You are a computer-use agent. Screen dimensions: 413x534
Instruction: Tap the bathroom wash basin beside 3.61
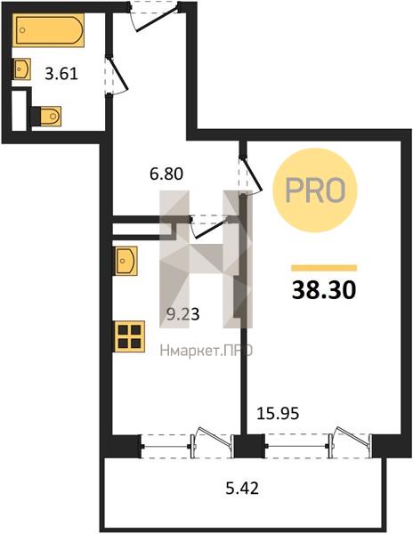point(21,69)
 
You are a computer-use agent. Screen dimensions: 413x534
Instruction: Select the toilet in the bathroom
point(46,116)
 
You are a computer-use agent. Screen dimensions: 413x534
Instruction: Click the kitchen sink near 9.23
point(126,261)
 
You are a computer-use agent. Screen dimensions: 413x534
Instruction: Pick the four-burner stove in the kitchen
point(130,336)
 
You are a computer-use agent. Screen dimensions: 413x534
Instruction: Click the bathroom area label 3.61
point(61,74)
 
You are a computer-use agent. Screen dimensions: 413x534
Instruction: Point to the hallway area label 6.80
point(166,174)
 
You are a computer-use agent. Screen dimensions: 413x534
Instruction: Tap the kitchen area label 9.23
point(182,314)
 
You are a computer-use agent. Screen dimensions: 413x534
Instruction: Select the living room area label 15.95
point(278,414)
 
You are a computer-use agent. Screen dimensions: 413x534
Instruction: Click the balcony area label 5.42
point(242,489)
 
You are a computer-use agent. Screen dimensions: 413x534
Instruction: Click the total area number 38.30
point(324,290)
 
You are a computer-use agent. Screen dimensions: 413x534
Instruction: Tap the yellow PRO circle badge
point(315,190)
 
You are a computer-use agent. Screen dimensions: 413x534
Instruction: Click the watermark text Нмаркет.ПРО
point(206,351)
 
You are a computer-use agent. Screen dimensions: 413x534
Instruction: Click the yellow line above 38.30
point(324,268)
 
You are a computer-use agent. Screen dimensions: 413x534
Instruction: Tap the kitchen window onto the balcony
point(187,446)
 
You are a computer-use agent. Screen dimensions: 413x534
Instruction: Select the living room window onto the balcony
point(319,446)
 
